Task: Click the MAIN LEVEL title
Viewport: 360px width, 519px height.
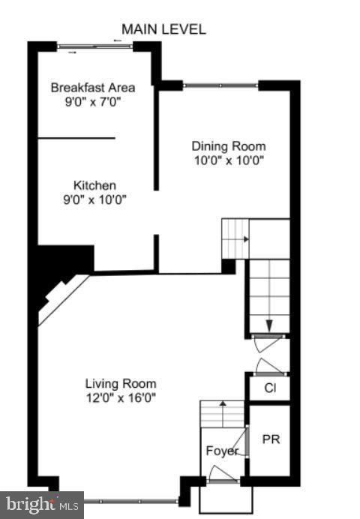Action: [x=163, y=29]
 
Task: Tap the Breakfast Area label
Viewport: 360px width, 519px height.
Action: [x=93, y=88]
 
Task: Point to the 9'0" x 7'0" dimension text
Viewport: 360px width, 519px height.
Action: [x=93, y=101]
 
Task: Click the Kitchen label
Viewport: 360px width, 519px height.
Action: [x=94, y=186]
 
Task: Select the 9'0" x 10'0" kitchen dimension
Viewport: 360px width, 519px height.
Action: [x=94, y=199]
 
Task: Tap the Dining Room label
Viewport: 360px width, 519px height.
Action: [x=228, y=146]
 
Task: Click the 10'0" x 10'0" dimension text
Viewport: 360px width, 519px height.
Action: [x=228, y=160]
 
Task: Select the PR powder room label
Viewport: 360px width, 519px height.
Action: [x=271, y=439]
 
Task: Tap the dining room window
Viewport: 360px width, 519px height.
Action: [x=220, y=85]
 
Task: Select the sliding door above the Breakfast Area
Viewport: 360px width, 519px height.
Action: [x=96, y=47]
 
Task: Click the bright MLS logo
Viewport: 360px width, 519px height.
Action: [x=41, y=505]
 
